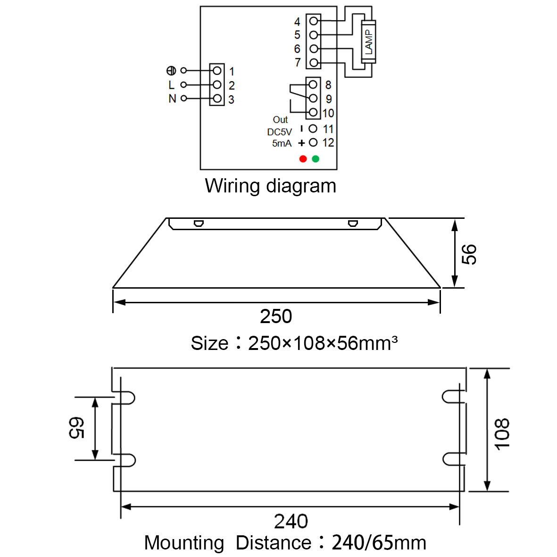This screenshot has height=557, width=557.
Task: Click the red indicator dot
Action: (303, 159)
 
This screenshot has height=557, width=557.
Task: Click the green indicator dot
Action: (316, 159)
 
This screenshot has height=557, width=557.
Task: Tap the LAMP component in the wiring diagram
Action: (368, 42)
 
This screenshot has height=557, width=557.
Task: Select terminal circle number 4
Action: (313, 21)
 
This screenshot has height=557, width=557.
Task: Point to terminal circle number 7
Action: (313, 63)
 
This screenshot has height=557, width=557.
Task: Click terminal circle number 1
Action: (217, 71)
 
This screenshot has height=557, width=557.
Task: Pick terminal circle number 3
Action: (217, 99)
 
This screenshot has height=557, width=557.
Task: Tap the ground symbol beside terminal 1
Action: (171, 71)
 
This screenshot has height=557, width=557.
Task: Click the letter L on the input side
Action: (172, 85)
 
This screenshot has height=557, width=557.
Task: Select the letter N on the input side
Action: (172, 99)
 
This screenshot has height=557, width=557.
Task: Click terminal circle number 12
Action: (313, 142)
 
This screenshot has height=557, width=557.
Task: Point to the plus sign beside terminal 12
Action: (301, 143)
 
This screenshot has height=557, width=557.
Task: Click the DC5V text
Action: (280, 132)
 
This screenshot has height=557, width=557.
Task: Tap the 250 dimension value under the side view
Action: (276, 316)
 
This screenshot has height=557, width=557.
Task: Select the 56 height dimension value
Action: (469, 254)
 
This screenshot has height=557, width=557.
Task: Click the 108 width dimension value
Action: (502, 434)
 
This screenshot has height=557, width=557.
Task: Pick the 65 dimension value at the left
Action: (76, 428)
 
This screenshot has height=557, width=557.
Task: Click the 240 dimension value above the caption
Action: (291, 522)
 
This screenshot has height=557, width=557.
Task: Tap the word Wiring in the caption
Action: (233, 186)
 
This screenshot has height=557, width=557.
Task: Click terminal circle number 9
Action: (313, 99)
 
